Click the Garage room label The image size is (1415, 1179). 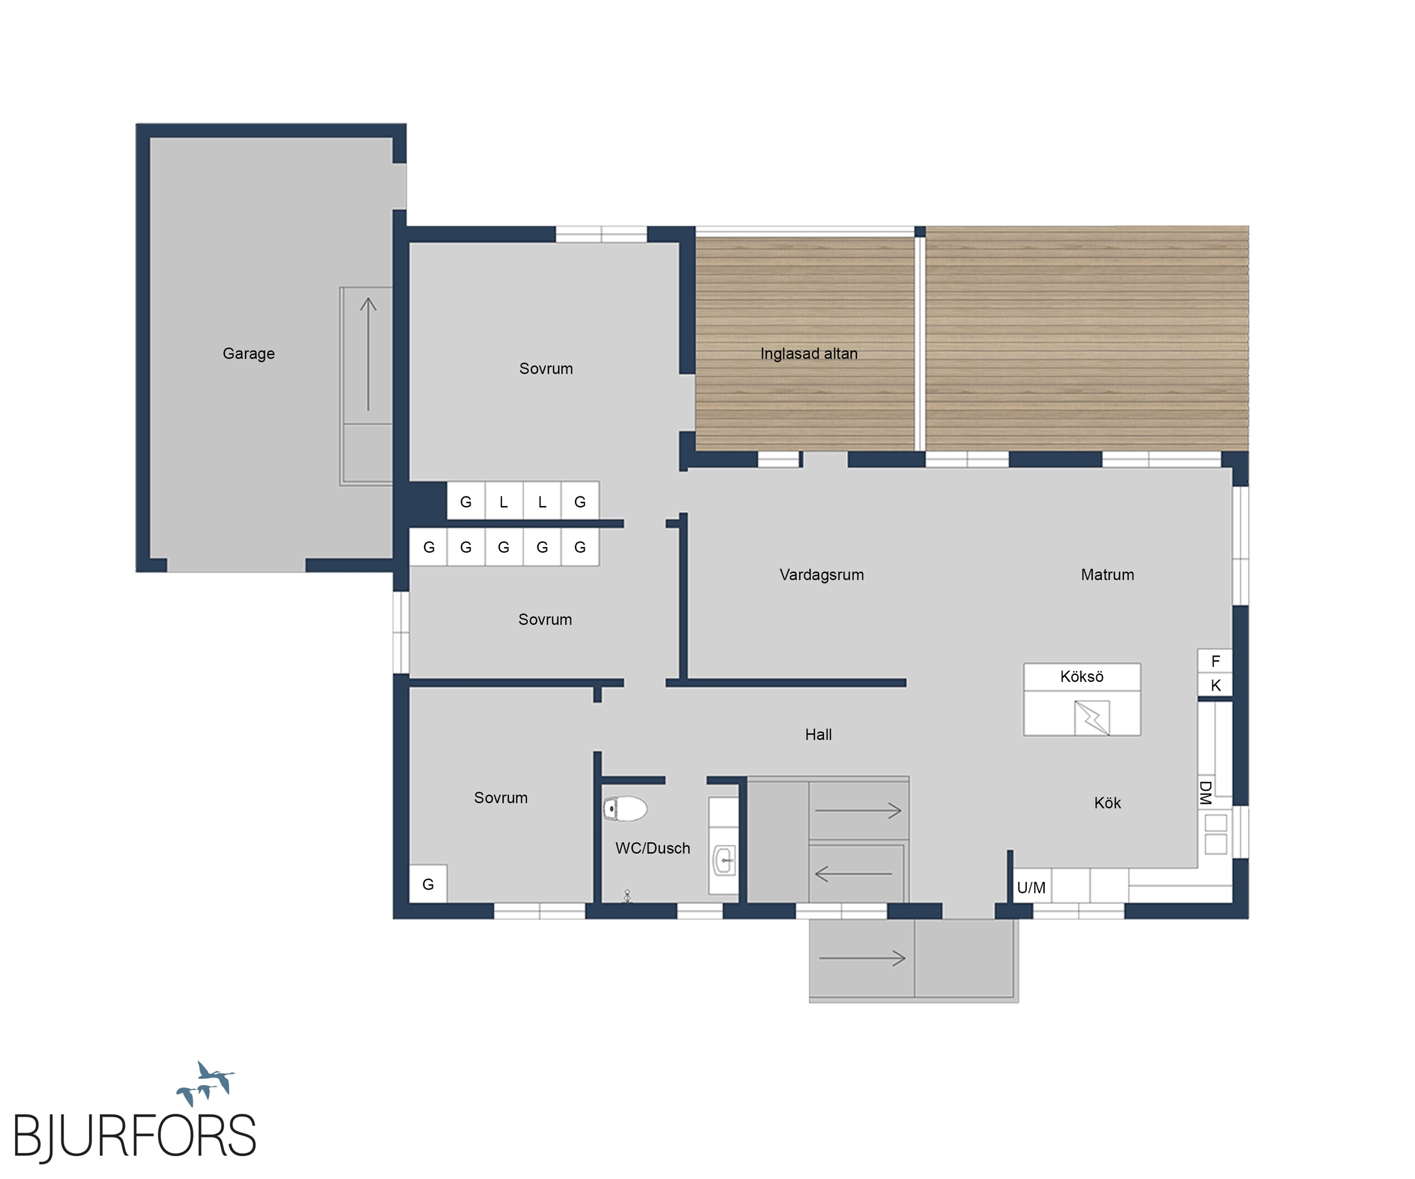[248, 354]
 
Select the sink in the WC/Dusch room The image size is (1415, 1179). [724, 860]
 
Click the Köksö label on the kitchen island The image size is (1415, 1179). [1082, 676]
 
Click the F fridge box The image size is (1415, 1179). [1215, 661]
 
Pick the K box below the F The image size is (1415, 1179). [1215, 685]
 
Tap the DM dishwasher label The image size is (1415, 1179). [1206, 793]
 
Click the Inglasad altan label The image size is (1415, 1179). [809, 354]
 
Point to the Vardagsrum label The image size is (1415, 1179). [821, 575]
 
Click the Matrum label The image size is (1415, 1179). [1107, 575]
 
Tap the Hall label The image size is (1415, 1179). [818, 734]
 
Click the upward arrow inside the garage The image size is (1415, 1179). [368, 354]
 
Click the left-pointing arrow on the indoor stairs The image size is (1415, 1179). [853, 874]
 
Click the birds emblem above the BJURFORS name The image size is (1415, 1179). [206, 1084]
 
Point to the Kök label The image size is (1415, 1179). [1107, 803]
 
